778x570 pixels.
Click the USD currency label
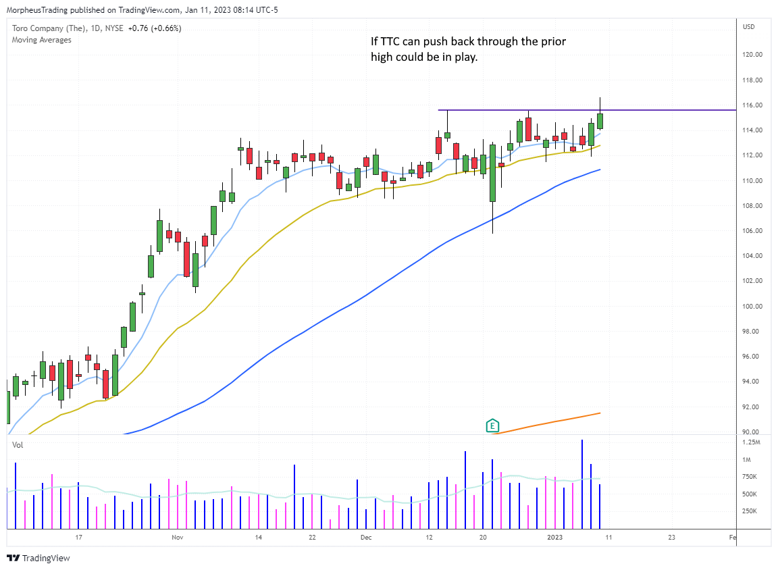point(748,27)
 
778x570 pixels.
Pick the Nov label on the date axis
point(177,538)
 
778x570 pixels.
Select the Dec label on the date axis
point(366,538)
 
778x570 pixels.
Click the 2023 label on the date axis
point(554,538)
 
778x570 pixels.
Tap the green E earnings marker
point(492,426)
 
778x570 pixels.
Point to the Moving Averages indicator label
point(42,40)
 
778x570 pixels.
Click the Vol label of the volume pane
point(18,446)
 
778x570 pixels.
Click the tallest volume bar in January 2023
point(581,484)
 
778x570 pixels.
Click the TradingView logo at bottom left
point(39,559)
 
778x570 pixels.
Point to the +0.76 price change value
point(136,28)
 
